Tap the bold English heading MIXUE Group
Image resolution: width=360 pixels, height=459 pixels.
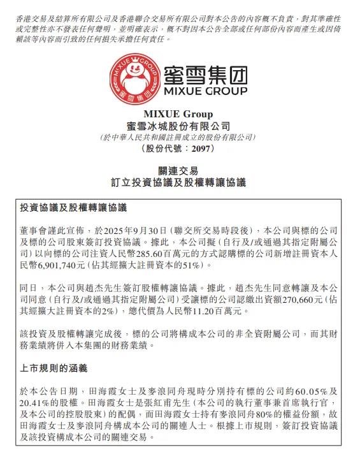pyautogui.click(x=179, y=115)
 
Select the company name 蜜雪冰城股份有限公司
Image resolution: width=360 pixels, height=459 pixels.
pyautogui.click(x=179, y=127)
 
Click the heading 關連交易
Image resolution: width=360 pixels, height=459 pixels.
pyautogui.click(x=179, y=171)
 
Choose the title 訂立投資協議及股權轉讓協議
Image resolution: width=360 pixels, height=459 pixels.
pyautogui.click(x=179, y=182)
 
